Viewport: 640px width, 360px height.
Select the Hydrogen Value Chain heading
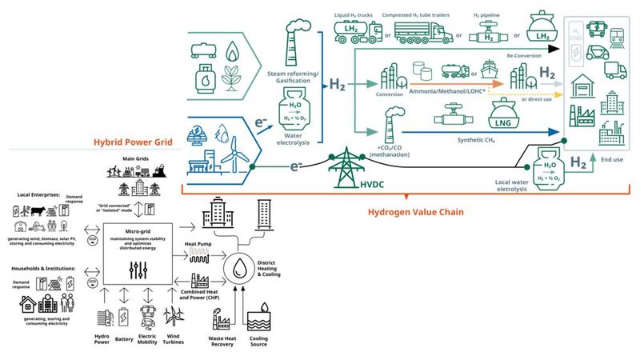pyautogui.click(x=418, y=214)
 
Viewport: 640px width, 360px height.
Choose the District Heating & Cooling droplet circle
pyautogui.click(x=238, y=266)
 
